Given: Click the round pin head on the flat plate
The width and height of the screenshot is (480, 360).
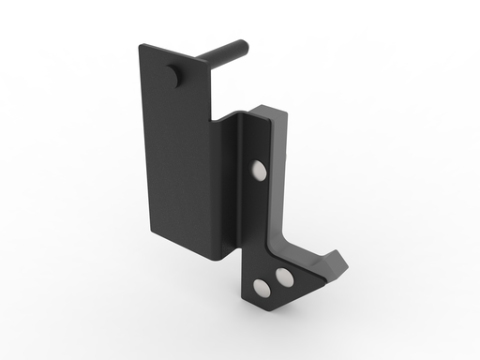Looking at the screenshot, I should [x=172, y=77].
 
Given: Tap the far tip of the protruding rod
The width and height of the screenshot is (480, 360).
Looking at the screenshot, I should [x=244, y=44].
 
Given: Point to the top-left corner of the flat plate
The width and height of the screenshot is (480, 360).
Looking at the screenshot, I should [x=141, y=44].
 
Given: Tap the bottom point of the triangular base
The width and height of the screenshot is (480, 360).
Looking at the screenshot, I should [x=256, y=301].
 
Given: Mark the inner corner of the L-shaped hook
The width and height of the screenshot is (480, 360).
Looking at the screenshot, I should [x=286, y=234].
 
